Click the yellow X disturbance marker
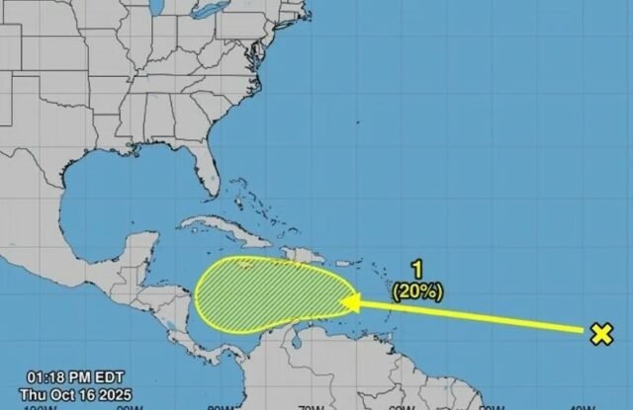[600, 334]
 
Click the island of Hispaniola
[288, 251]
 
